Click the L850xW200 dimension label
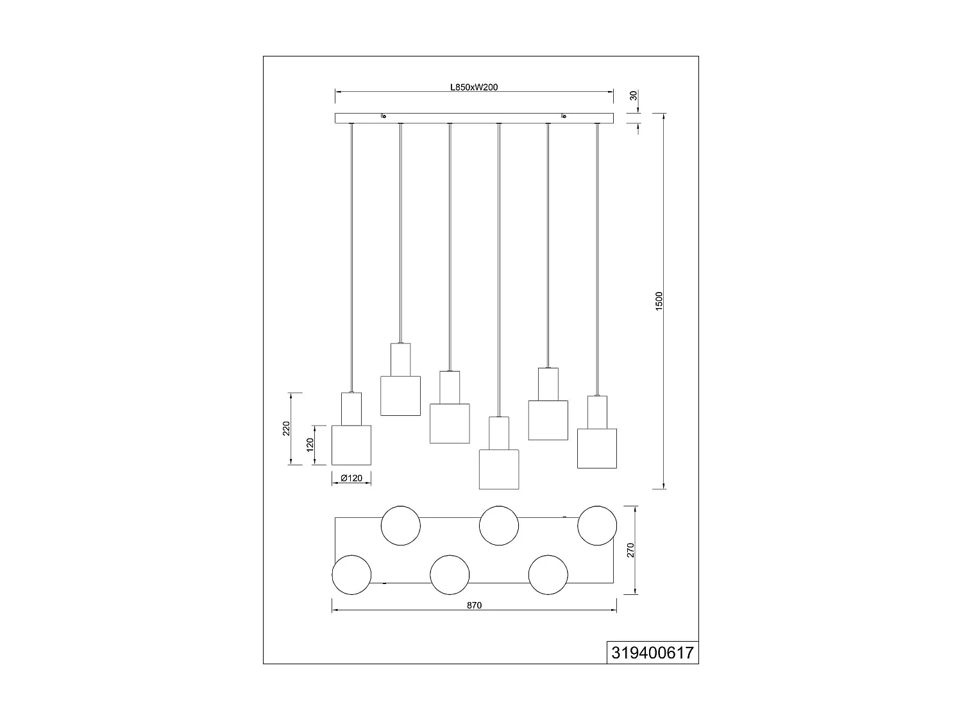(x=474, y=87)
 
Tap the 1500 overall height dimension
(x=659, y=301)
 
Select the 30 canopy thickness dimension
(x=634, y=96)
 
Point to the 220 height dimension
(x=287, y=428)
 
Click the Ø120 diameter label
(x=351, y=478)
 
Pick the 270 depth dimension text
(x=630, y=550)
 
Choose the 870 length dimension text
(x=474, y=605)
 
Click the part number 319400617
(x=652, y=653)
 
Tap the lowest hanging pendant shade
(x=499, y=469)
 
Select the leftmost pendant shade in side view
(x=351, y=445)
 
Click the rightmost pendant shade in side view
(x=597, y=448)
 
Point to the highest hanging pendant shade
(x=400, y=395)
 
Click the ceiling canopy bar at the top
(x=474, y=118)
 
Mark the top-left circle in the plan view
(x=401, y=526)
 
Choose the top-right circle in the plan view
(x=597, y=526)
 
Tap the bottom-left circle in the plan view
(x=351, y=574)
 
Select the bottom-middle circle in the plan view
(x=450, y=574)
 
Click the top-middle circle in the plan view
(x=499, y=526)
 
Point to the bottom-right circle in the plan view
(x=548, y=574)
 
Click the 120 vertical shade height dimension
(x=309, y=444)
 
